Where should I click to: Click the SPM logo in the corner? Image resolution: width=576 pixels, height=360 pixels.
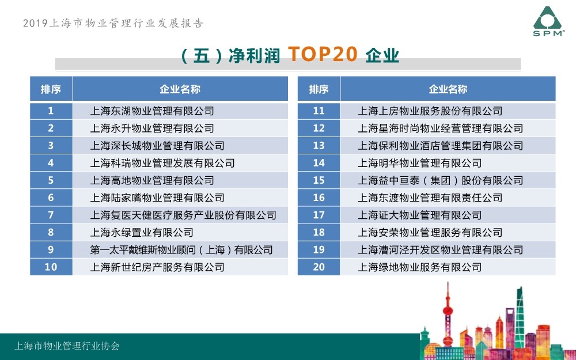(x=549, y=21)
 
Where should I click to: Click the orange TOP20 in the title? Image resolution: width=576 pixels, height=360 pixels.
(x=323, y=54)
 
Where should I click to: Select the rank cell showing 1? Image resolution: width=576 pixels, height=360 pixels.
(x=51, y=111)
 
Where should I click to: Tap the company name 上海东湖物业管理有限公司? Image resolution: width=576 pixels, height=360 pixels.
(x=152, y=111)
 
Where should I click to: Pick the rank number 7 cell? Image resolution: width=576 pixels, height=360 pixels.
(x=51, y=215)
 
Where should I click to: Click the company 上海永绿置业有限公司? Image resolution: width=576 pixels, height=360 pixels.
(x=142, y=233)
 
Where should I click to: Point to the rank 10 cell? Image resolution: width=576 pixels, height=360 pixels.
(x=51, y=267)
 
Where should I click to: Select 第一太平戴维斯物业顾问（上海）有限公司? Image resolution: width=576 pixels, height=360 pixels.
(x=181, y=250)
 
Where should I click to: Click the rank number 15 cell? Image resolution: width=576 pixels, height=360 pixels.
(x=319, y=180)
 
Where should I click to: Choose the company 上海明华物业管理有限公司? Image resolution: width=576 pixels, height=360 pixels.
(x=420, y=163)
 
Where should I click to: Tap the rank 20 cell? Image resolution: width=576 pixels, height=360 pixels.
(x=319, y=267)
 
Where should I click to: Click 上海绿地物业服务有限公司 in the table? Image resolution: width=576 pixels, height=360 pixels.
(x=420, y=267)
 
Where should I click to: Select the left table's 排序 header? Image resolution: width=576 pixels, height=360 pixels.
(x=51, y=89)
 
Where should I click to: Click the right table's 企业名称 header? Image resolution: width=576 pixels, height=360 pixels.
(x=448, y=89)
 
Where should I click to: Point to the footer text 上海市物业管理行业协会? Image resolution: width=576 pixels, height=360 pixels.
(x=67, y=346)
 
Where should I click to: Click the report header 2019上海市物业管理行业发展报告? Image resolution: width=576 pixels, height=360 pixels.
(x=113, y=23)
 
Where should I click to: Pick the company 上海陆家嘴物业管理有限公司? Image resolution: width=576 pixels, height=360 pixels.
(x=157, y=198)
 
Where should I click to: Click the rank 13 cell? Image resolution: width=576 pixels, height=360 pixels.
(x=319, y=146)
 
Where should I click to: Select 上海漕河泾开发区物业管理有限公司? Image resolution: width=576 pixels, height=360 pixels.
(x=441, y=250)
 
